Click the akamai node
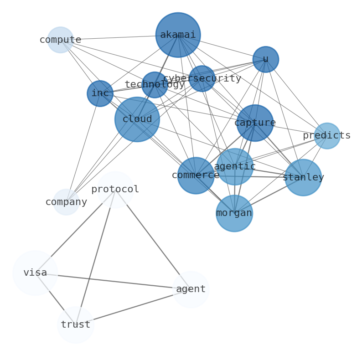pos(178,35)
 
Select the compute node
pos(61,40)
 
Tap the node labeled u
pos(265,59)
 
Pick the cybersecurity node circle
pos(202,78)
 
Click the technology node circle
pos(155,85)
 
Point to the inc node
pos(100,93)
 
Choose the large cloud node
pos(137,119)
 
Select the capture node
pos(255,123)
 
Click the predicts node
pos(327,136)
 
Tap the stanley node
pos(303,178)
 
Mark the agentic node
pos(235,167)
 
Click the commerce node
pos(196,175)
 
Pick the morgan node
pos(234,213)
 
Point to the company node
pos(67,202)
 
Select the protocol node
pos(115,190)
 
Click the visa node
pos(35,273)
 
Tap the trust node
pos(76,325)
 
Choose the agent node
pos(191,289)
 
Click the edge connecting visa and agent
pos(114,281)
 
